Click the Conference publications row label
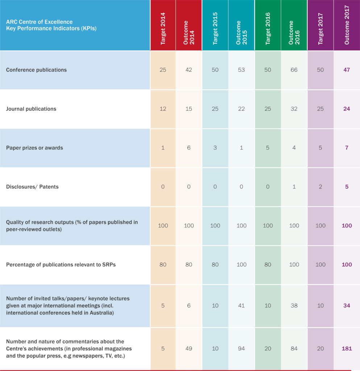pyautogui.click(x=36, y=70)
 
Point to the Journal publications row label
pyautogui.click(x=31, y=109)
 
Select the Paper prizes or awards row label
pyautogui.click(x=34, y=148)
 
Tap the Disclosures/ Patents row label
pyautogui.click(x=32, y=187)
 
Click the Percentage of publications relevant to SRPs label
pyautogui.click(x=61, y=264)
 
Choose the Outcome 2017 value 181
pyautogui.click(x=347, y=349)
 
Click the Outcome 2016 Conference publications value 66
pyautogui.click(x=294, y=70)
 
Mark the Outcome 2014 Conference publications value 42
pyautogui.click(x=189, y=70)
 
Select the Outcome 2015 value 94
pyautogui.click(x=241, y=349)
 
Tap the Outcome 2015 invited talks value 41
pyautogui.click(x=241, y=306)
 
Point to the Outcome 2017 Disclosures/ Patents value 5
pyautogui.click(x=347, y=187)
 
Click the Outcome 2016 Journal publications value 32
pyautogui.click(x=294, y=109)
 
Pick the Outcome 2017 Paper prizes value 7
pyautogui.click(x=347, y=148)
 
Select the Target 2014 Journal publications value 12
pyautogui.click(x=163, y=109)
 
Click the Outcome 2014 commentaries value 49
pyautogui.click(x=189, y=349)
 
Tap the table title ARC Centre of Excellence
pyautogui.click(x=40, y=22)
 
